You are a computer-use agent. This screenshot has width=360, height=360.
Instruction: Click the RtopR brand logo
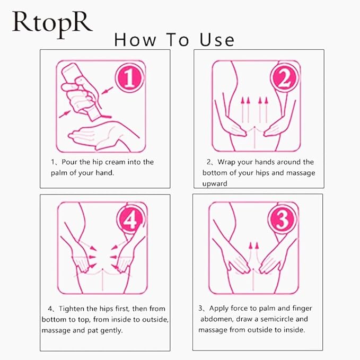[x=52, y=25]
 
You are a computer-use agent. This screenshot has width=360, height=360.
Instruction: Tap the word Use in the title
[x=217, y=40]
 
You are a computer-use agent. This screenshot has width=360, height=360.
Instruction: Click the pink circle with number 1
[x=130, y=77]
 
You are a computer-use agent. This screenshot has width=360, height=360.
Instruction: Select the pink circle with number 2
[x=285, y=77]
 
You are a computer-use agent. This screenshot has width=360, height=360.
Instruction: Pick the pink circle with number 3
[x=283, y=219]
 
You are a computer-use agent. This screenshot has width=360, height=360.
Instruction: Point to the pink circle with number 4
[x=131, y=219]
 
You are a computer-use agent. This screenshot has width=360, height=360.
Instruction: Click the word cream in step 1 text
[x=115, y=162]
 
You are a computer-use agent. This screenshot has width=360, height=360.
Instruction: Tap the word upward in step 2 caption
[x=215, y=183]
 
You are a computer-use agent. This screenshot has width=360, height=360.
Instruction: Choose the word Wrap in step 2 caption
[x=226, y=162]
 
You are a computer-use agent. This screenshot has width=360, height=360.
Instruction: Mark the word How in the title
[x=135, y=40]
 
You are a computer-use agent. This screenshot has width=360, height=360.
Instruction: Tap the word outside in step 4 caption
[x=155, y=320]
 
